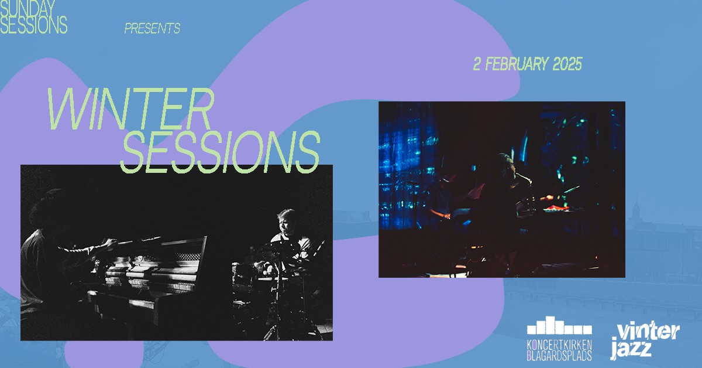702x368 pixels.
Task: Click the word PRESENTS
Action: click(152, 29)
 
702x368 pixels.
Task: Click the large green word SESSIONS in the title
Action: click(220, 152)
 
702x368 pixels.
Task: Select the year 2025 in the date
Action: click(567, 64)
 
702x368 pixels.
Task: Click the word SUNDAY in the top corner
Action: click(27, 8)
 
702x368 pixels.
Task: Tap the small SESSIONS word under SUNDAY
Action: click(33, 25)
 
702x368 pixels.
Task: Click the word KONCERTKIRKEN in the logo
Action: click(559, 345)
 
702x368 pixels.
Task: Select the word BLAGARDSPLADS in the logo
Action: click(559, 355)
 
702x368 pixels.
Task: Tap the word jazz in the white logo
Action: click(631, 349)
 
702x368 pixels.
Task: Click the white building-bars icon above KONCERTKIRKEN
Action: click(559, 325)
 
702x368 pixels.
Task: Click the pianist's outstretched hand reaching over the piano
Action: click(108, 243)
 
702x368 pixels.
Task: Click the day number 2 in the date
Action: click(477, 64)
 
